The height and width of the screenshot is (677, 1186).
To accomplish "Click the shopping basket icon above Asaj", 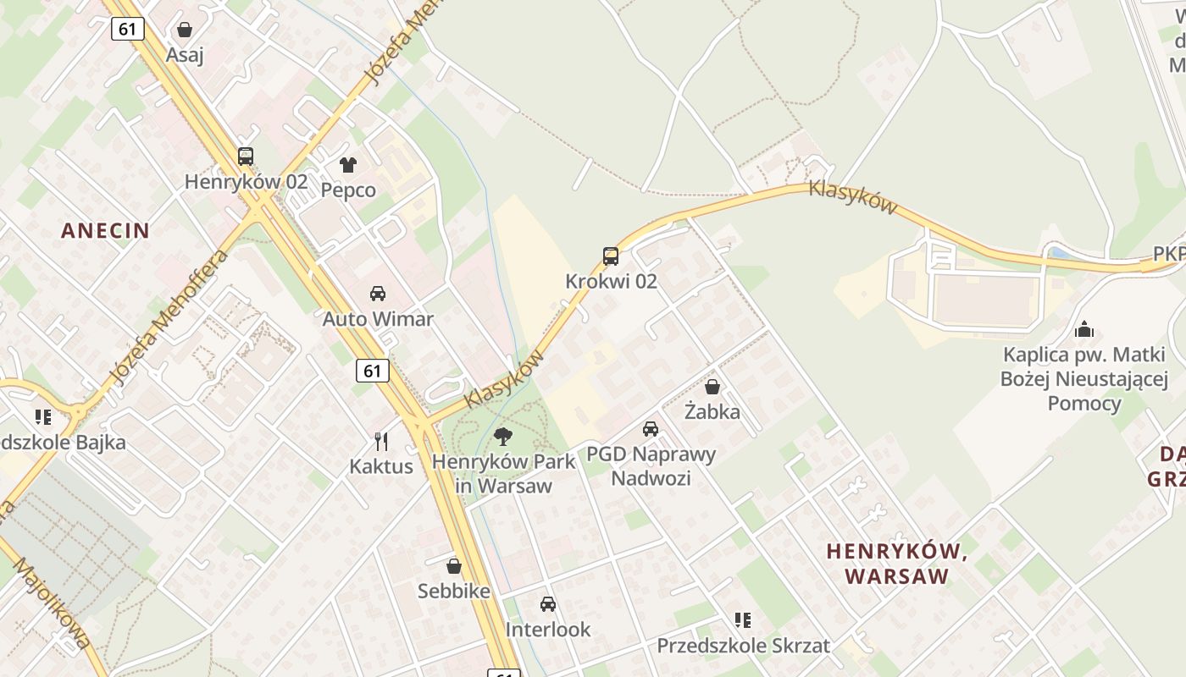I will (x=185, y=30).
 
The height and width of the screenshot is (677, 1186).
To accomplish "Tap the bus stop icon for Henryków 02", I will (x=246, y=157).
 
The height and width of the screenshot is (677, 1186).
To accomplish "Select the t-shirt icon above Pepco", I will (x=348, y=164).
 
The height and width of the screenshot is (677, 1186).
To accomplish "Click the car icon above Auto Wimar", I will (x=378, y=294).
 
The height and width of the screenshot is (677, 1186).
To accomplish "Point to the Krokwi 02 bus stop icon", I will (x=611, y=256).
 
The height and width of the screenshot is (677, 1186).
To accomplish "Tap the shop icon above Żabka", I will (x=712, y=387).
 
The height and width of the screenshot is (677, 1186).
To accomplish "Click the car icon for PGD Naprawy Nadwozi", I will (x=651, y=429).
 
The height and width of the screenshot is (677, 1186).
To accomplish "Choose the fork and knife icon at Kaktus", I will (x=381, y=441).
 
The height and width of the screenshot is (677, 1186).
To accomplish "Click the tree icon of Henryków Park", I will (x=503, y=437).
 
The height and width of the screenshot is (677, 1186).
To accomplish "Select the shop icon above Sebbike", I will (x=454, y=565).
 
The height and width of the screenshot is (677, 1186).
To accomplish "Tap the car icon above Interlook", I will (x=548, y=604).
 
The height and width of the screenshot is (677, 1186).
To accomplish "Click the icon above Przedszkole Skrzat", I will (x=743, y=620).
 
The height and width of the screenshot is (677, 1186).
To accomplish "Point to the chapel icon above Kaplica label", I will (x=1083, y=329).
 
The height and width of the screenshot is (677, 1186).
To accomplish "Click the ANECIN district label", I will (x=105, y=230).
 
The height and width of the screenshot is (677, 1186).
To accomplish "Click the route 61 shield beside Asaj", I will (x=128, y=29).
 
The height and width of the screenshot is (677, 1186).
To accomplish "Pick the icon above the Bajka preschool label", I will (x=43, y=416).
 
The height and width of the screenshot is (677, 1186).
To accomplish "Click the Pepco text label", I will (x=348, y=190).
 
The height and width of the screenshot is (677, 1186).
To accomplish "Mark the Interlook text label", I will (x=548, y=630).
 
